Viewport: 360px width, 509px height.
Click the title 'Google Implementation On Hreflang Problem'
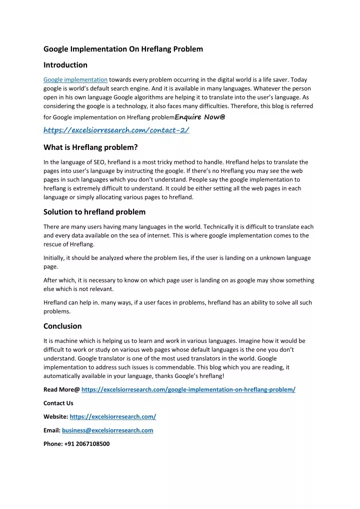(x=123, y=49)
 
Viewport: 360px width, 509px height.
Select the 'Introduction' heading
(x=65, y=65)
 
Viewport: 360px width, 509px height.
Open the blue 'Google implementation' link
(x=75, y=79)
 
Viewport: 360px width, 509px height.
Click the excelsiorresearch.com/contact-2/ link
(x=116, y=130)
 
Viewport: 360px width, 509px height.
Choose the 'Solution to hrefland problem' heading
(x=94, y=211)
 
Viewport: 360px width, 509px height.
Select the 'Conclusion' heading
(x=62, y=326)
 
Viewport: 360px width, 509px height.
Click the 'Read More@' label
(x=61, y=389)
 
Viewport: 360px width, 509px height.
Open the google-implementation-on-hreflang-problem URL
(x=188, y=389)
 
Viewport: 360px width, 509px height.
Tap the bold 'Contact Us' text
(x=58, y=403)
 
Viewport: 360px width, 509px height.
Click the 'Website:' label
(x=56, y=416)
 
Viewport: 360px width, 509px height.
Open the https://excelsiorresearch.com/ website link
(x=113, y=416)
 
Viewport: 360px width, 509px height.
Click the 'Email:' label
(x=52, y=430)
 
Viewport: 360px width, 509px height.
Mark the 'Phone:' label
(x=53, y=443)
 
